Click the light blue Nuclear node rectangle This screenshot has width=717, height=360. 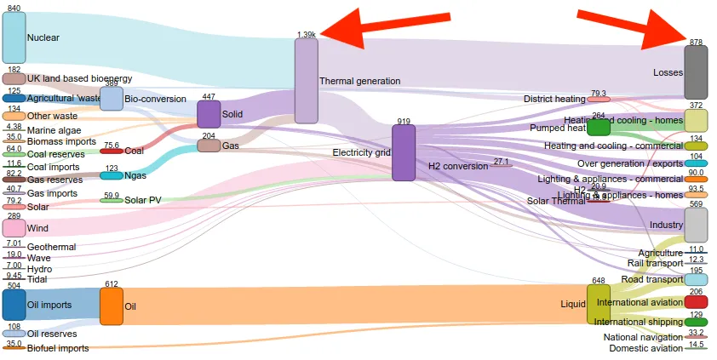14,37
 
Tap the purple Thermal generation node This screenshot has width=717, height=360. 306,80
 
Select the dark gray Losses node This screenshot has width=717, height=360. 696,71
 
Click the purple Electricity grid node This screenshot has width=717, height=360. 404,152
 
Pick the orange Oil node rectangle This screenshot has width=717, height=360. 112,306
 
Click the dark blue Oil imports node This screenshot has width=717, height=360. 14,305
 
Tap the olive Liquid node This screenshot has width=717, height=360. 599,305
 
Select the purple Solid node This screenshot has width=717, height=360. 209,114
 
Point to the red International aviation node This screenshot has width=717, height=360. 696,302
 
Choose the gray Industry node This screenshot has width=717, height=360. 696,225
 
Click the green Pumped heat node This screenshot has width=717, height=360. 599,128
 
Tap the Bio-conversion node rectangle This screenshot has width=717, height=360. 112,99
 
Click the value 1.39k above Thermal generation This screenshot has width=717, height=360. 307,35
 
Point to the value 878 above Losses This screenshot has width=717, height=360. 696,42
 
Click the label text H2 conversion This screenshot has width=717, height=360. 458,166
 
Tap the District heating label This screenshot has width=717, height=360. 554,99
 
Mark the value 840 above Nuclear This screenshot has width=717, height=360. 14,8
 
